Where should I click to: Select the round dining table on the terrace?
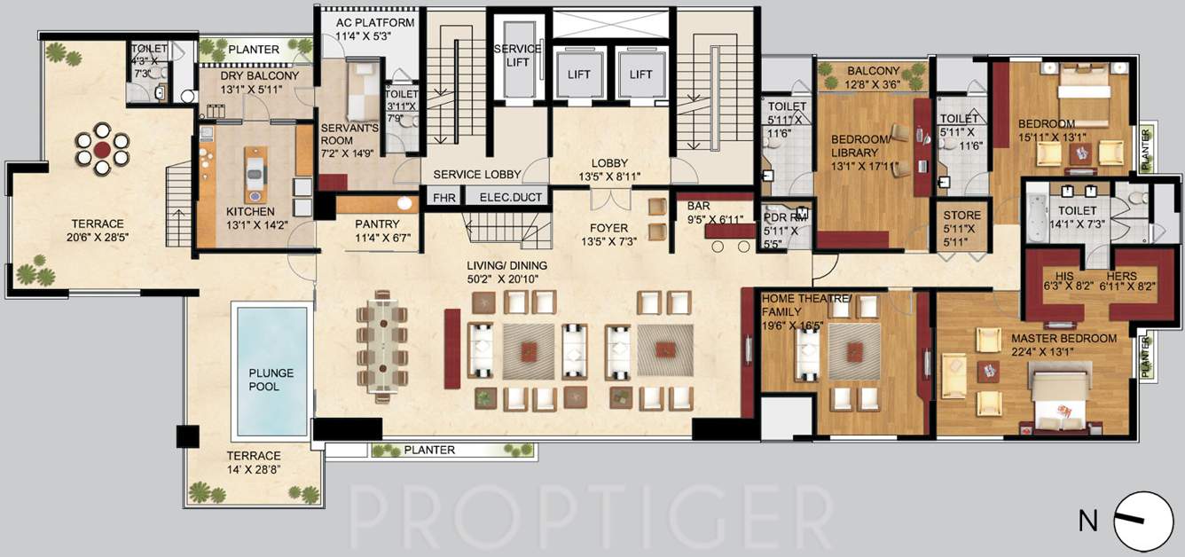[x=103, y=148]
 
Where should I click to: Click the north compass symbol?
[x=1143, y=521]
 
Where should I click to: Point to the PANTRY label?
[x=377, y=224]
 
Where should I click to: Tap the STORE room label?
[x=962, y=216]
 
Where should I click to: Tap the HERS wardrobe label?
[x=1119, y=276]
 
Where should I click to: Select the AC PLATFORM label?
[x=375, y=22]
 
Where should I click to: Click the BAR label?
[x=699, y=206]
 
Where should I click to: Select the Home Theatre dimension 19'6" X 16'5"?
[x=793, y=326]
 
